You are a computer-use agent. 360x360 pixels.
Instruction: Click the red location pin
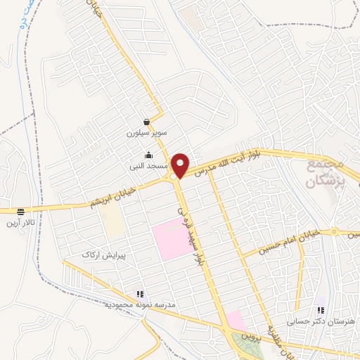tap(181, 165)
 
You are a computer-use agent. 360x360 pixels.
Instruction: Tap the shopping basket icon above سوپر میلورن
tap(146, 121)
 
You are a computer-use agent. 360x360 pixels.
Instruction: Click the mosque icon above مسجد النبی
tap(148, 155)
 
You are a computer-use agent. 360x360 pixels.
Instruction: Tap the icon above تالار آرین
tap(20, 211)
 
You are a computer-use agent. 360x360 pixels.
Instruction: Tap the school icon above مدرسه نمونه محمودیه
tap(140, 293)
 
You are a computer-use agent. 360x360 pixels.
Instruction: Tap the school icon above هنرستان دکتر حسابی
tap(321, 310)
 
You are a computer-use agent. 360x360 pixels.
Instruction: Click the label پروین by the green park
tap(252, 337)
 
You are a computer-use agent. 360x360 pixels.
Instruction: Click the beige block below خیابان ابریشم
tap(112, 223)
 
